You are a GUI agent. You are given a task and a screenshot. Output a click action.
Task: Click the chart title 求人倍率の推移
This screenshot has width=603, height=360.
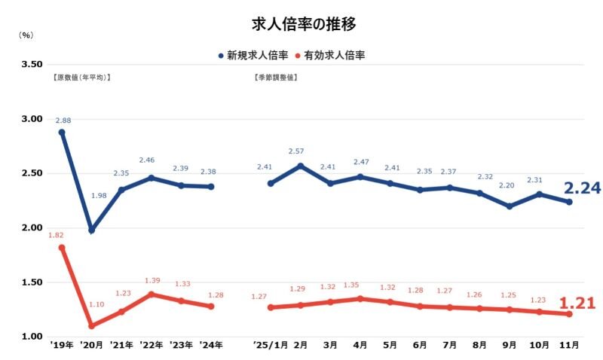tap(301, 23)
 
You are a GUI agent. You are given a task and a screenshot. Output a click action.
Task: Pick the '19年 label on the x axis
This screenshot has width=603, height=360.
tap(62, 345)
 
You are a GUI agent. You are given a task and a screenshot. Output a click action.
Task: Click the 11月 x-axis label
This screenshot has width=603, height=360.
tap(569, 345)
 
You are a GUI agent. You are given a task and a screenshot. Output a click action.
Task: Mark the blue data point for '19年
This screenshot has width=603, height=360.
tap(62, 133)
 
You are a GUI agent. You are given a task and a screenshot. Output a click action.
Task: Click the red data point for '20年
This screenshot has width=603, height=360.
tap(92, 326)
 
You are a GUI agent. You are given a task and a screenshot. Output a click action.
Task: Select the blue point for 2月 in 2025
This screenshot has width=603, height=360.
tap(301, 166)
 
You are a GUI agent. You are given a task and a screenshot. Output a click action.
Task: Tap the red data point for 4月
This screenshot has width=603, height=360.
tap(360, 299)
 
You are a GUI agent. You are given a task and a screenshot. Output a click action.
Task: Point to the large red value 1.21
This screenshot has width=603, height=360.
tap(577, 304)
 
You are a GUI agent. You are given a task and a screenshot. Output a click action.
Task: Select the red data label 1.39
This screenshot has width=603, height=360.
tap(152, 280)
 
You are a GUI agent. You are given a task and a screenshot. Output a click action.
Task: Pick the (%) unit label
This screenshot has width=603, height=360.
tap(25, 35)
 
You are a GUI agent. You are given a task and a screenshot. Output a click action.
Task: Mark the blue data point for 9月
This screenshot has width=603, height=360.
tap(510, 206)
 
